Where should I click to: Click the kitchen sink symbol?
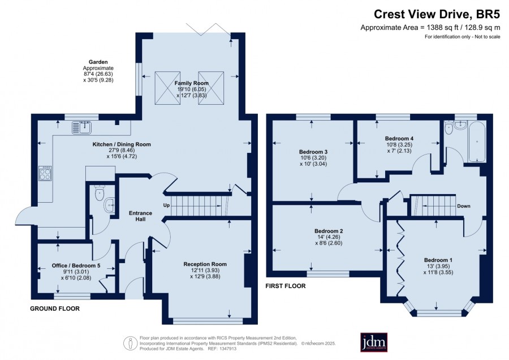point(82,127)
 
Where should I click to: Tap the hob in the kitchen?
point(45,173)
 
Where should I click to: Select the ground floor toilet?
point(100,192)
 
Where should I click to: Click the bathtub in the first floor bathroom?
point(477,142)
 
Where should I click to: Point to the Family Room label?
point(192,83)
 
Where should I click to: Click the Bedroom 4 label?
point(399,139)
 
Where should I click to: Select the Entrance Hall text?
point(140,216)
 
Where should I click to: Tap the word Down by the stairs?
point(464,206)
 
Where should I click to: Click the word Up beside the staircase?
point(166,205)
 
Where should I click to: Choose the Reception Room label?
point(205,264)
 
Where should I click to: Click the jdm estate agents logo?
point(374,342)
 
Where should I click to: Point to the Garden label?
point(98,62)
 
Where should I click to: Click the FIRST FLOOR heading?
point(286,286)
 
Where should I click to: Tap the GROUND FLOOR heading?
point(55,308)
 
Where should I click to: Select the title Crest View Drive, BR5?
point(437,14)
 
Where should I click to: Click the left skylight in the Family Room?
point(167,88)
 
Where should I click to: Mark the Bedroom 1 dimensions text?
point(438,269)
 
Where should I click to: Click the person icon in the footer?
point(131,343)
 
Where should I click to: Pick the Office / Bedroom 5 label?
point(76,266)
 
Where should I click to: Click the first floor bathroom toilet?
point(448,128)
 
